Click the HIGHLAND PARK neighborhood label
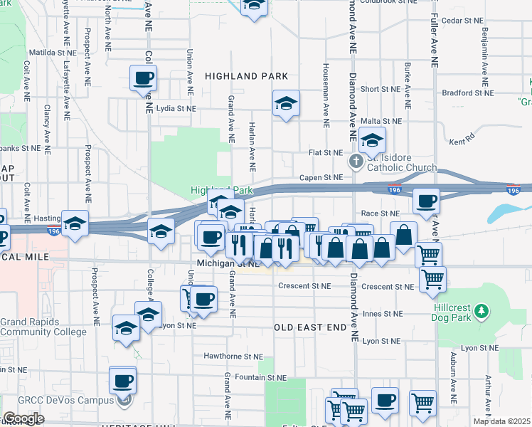click(246, 76)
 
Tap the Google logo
click(23, 418)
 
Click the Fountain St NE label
click(262, 377)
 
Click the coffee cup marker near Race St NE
click(427, 201)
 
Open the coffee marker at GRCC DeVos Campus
click(122, 380)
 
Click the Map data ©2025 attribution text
click(502, 421)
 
